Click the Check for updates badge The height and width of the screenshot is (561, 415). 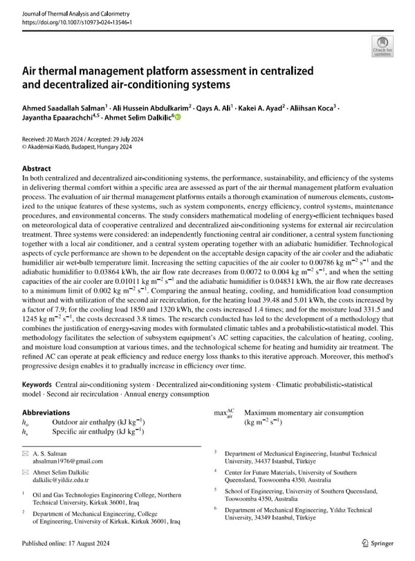coord(382,46)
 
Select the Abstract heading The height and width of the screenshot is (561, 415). coord(37,169)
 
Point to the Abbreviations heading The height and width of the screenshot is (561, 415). coord(46,412)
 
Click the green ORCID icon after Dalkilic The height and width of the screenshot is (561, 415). coord(176,118)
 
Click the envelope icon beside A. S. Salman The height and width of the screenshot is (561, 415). coord(26,454)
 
